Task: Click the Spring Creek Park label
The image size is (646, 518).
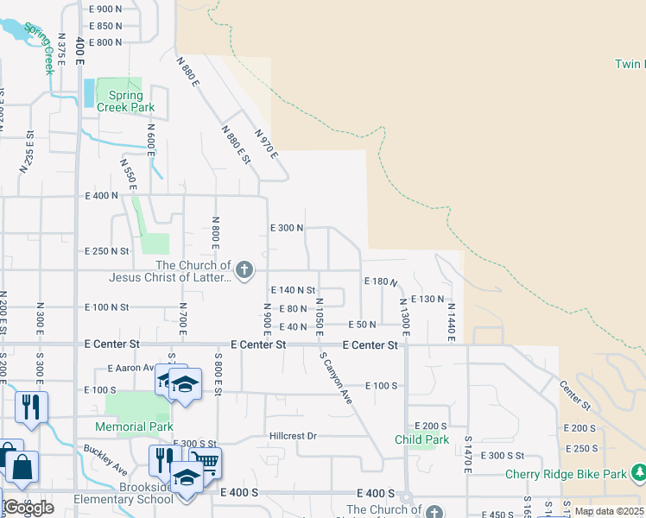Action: click(x=125, y=101)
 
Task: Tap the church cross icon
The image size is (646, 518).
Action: click(x=244, y=271)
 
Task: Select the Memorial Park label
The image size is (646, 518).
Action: click(x=135, y=426)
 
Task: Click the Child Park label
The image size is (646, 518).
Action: click(x=422, y=439)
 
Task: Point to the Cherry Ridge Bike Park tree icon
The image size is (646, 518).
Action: click(x=638, y=474)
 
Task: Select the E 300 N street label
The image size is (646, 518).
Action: click(x=287, y=229)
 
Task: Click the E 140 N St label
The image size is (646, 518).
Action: click(x=294, y=291)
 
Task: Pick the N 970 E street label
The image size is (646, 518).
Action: click(x=266, y=143)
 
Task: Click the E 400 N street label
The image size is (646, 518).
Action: click(x=102, y=196)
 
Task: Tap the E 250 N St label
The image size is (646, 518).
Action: click(x=106, y=251)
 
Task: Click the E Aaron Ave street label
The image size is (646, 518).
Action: click(x=130, y=368)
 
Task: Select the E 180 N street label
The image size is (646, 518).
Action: click(x=381, y=281)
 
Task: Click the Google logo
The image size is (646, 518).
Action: click(x=28, y=508)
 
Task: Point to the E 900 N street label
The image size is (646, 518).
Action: click(x=105, y=9)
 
